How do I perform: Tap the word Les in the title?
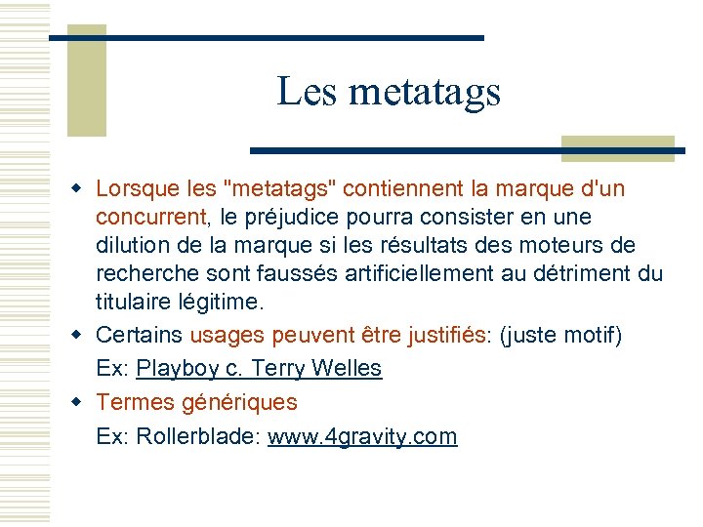(307, 93)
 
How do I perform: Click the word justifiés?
(440, 335)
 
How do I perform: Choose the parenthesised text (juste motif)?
(559, 335)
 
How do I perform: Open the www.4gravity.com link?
(362, 436)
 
